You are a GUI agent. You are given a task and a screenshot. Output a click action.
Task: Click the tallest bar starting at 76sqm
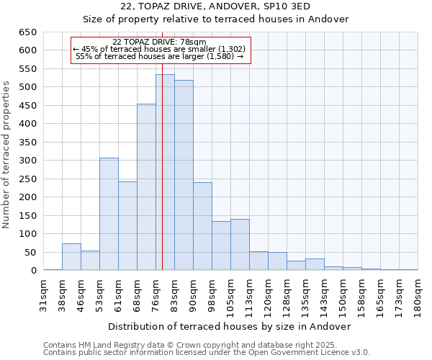pyautogui.click(x=165, y=173)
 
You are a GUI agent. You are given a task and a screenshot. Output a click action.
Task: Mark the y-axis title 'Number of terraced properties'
pyautogui.click(x=7, y=154)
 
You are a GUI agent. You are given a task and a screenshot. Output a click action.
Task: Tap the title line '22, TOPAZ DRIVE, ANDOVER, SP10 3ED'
pyautogui.click(x=215, y=6)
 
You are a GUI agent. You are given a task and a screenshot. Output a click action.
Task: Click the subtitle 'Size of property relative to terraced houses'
pyautogui.click(x=215, y=19)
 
